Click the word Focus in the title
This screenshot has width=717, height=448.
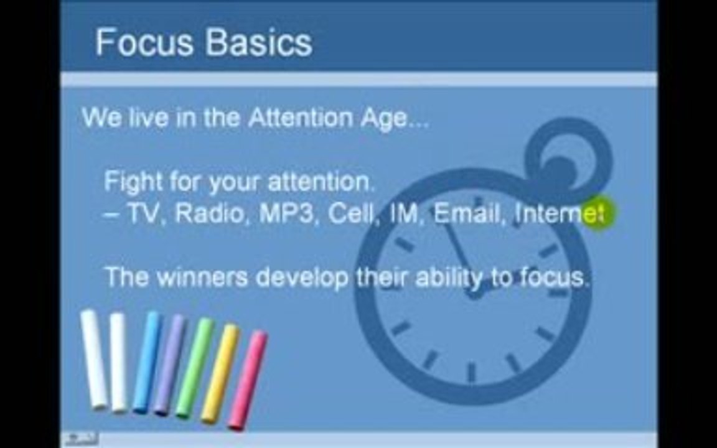point(144,42)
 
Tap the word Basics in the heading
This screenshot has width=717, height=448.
point(259,42)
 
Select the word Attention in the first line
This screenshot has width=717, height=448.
point(301,118)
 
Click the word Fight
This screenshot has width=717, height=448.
point(133,182)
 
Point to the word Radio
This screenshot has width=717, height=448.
point(210,213)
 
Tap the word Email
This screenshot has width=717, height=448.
point(466,213)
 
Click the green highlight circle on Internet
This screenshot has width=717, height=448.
point(597,213)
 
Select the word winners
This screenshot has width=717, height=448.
point(202,277)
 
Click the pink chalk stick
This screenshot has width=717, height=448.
point(248,380)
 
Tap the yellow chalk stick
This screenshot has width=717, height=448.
point(220,373)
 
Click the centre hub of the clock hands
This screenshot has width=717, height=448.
point(474,291)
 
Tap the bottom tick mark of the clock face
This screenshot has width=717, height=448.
point(472,371)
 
